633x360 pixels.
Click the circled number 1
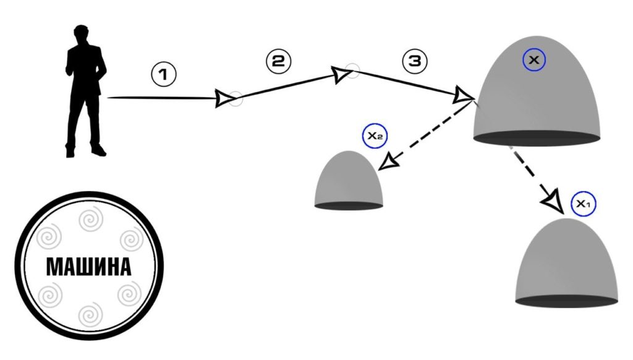164,75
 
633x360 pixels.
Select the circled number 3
414,61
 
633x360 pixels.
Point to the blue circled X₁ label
583,204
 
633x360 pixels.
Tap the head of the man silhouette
81,33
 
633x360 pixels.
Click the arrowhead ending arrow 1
223,98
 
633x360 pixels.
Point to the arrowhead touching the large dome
463,96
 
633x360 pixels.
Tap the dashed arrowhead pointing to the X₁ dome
553,201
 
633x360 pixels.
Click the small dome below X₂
349,182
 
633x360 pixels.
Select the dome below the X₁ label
567,263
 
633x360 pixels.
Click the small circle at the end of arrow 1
236,99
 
